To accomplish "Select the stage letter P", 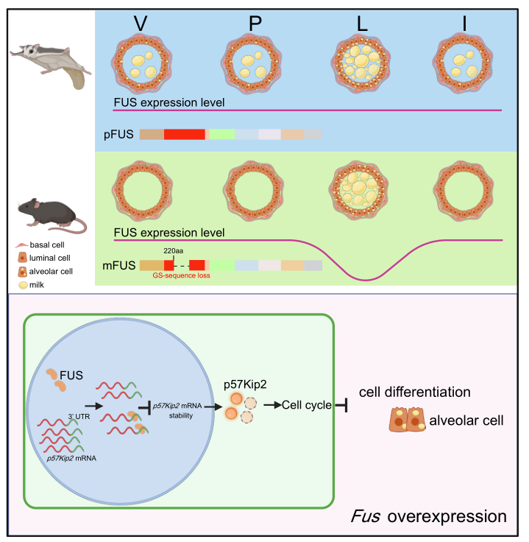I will (255, 24).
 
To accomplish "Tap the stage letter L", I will (361, 24).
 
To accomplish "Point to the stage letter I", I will (464, 24).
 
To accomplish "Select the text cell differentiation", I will (414, 393).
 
